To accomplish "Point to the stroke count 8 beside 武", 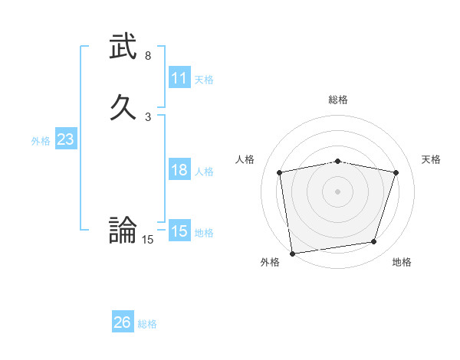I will click(148, 56).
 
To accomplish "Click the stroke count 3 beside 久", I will click(148, 116).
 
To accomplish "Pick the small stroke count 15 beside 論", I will click(148, 240).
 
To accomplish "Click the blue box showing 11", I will click(179, 78).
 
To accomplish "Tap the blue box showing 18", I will click(179, 170).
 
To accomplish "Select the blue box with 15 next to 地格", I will click(179, 231).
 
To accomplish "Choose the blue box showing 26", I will click(123, 322).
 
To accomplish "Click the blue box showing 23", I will click(65, 139).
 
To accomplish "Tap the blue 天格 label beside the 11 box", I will click(204, 79).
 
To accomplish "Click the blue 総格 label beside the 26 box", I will click(147, 324).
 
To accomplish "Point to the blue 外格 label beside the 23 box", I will click(41, 141).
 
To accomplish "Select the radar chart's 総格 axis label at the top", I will click(338, 100).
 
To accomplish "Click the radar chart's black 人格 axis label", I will click(245, 159).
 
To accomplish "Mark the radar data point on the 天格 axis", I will click(396, 172).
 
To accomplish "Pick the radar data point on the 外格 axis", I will click(292, 253).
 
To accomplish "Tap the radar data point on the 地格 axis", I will click(374, 242).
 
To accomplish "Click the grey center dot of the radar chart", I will click(337, 191).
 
